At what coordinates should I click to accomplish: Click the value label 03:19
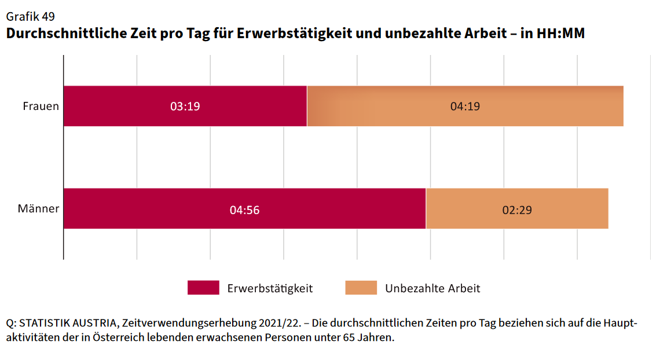point(185,106)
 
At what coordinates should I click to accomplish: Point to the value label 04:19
point(465,106)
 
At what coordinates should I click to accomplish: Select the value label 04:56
point(244,210)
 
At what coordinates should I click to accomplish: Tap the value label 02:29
point(517,210)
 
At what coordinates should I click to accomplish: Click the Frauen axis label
point(41,106)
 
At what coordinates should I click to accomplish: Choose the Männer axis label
point(38,208)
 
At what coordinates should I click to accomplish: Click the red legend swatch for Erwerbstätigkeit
point(203,288)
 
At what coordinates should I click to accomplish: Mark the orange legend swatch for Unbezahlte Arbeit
point(361,288)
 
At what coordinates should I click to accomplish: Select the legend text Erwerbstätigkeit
point(270,288)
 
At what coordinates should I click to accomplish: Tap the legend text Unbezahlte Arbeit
point(432,288)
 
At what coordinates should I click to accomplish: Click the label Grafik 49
point(30,16)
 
